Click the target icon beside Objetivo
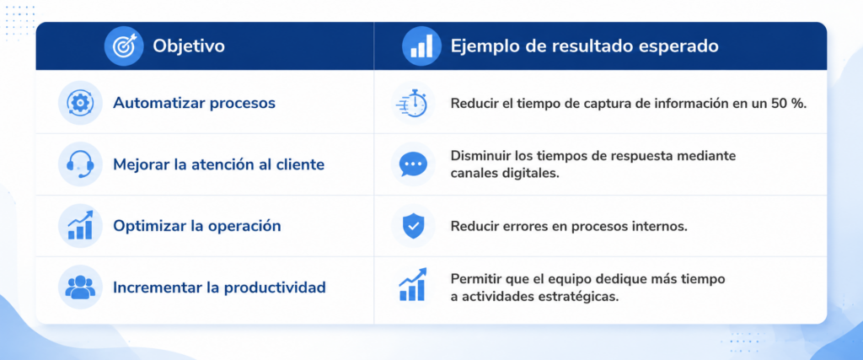tap(124, 46)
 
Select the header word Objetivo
tap(189, 46)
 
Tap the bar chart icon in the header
tap(421, 46)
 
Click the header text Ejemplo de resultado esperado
tap(585, 46)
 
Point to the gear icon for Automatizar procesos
tap(80, 103)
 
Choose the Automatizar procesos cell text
tap(195, 103)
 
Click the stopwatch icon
tap(412, 104)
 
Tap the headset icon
tap(80, 164)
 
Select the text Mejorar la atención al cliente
tap(218, 164)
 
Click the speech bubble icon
tap(412, 164)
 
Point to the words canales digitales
tap(505, 174)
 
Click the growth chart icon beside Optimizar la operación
tap(80, 225)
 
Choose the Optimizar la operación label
tap(197, 226)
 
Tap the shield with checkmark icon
tap(412, 226)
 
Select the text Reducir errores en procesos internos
tap(569, 226)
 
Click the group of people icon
tap(80, 287)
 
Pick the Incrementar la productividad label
tap(220, 287)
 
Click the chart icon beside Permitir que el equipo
tap(412, 285)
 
